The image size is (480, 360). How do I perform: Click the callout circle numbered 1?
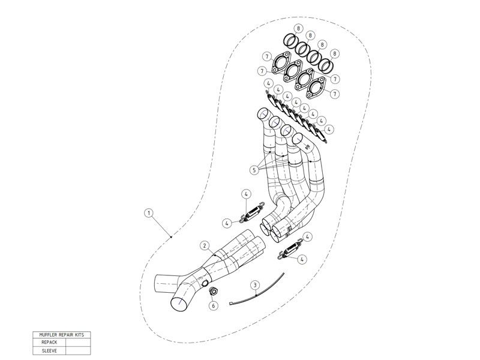coord(149,212)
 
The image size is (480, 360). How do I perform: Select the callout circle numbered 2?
coord(205,245)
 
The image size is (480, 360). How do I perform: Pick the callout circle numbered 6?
coord(213,305)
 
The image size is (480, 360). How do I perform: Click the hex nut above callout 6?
coord(213,292)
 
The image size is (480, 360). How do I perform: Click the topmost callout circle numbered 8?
coord(298,29)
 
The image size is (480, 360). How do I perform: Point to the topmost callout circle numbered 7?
coord(265,56)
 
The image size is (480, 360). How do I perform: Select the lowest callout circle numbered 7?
coord(335,94)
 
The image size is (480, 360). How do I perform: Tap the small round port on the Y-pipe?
coord(205,283)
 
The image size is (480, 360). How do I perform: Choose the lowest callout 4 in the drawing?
coord(302,259)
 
